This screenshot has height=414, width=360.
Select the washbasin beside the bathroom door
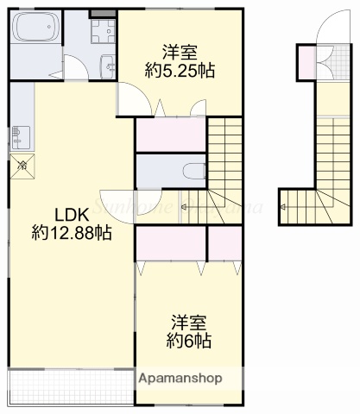(x=105, y=65)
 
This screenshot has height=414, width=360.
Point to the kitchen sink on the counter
(x=18, y=136)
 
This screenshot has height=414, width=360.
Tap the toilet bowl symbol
(x=196, y=169)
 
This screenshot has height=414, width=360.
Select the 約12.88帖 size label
(x=71, y=232)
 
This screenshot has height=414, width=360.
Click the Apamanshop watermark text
(x=180, y=379)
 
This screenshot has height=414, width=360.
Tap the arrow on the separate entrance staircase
(x=284, y=208)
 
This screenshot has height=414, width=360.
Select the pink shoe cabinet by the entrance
(x=305, y=61)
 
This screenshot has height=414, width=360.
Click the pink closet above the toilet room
(x=170, y=135)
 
